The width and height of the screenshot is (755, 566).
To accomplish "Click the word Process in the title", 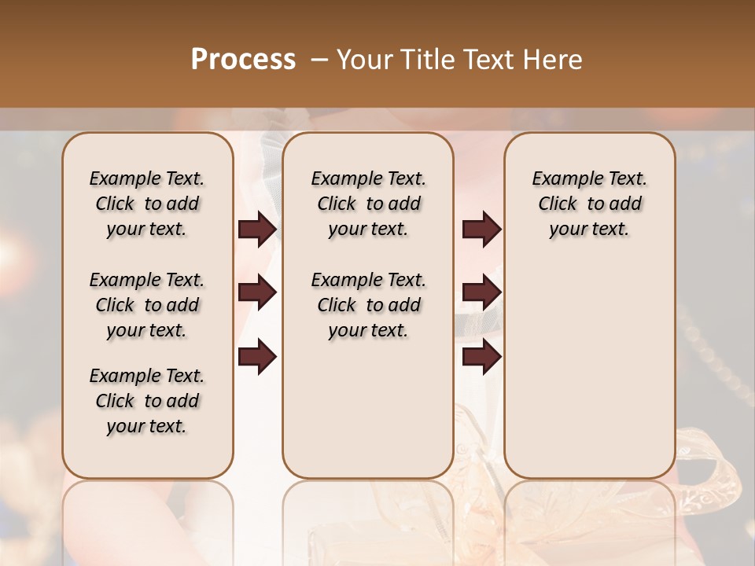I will click(243, 60).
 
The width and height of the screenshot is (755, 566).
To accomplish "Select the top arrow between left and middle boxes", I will click(257, 230).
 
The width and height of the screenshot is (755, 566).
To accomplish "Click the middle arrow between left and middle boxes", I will click(257, 293).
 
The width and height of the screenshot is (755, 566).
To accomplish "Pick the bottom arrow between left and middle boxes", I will click(257, 357).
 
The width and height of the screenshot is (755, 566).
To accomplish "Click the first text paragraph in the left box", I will click(147, 204).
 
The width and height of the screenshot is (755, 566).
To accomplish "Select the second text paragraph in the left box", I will click(147, 305).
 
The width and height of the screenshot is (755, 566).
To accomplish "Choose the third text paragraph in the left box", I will click(147, 401).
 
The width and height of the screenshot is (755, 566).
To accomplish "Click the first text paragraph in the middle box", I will click(369, 204).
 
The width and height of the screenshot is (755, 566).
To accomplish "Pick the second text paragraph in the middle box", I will click(369, 305).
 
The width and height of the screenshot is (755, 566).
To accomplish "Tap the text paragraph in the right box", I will click(590, 204).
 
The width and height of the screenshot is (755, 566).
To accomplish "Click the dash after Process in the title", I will click(319, 60).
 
